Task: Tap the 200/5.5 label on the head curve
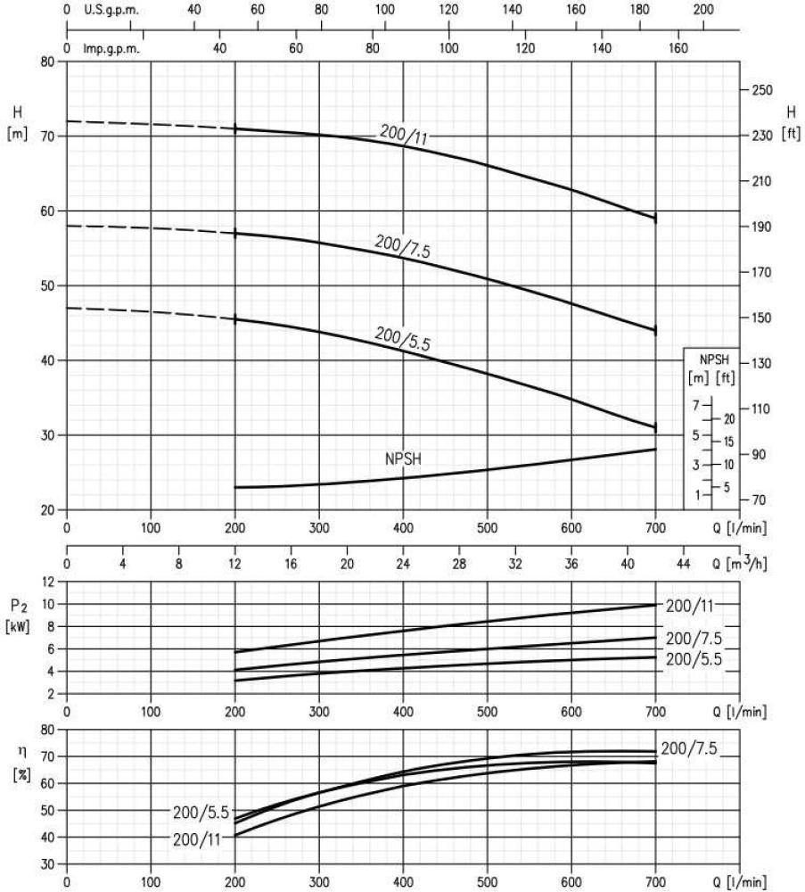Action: pyautogui.click(x=403, y=340)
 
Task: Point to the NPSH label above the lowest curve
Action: pyautogui.click(x=402, y=459)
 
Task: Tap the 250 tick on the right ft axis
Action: pyautogui.click(x=763, y=90)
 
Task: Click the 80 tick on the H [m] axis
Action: pyautogui.click(x=48, y=62)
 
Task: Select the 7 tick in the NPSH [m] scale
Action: pyautogui.click(x=696, y=405)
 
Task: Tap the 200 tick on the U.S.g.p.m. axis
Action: pyautogui.click(x=703, y=9)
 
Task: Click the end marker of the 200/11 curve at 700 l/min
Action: pyautogui.click(x=656, y=218)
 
